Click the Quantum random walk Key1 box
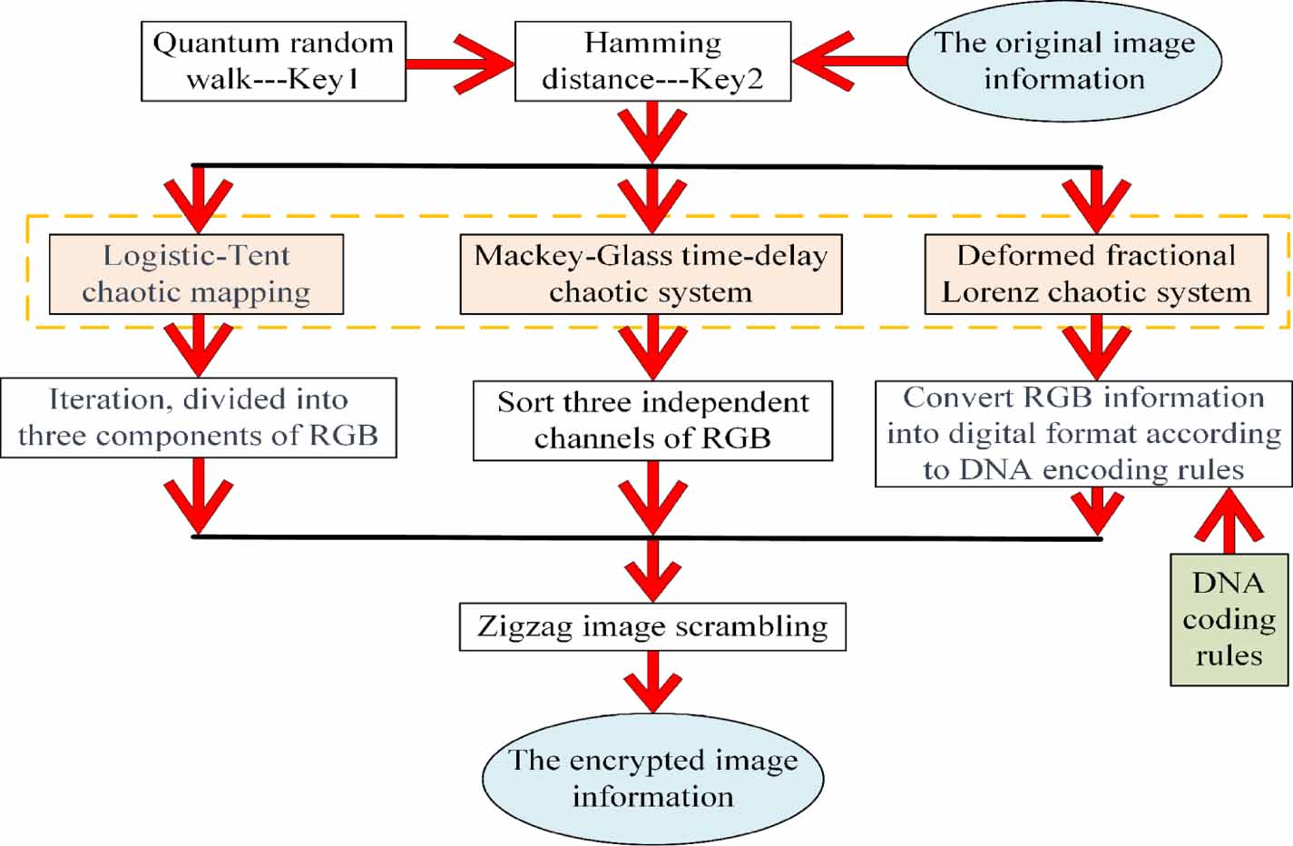point(273,62)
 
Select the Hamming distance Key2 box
point(652,62)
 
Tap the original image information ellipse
point(1064,62)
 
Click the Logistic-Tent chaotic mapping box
point(196,274)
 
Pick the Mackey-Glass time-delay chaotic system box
point(651,274)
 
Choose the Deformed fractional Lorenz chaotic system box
point(1096,274)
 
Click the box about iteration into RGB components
point(198,418)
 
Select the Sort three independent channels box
point(652,420)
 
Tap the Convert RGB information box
point(1083,434)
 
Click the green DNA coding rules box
point(1229,619)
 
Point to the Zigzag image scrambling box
point(652,626)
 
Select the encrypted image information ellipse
point(652,779)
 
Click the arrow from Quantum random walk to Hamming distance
point(459,63)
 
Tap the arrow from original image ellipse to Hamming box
point(848,62)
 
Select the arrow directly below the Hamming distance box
point(651,132)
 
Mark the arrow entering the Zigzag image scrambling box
point(652,570)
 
